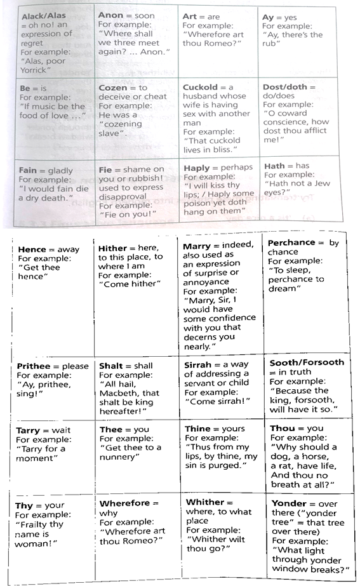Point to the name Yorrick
(39, 72)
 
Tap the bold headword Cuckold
(200, 87)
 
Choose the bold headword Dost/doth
(285, 86)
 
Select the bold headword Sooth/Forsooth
(307, 362)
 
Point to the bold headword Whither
(205, 502)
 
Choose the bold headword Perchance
(291, 243)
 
